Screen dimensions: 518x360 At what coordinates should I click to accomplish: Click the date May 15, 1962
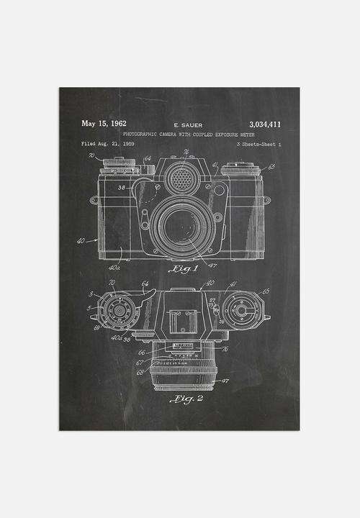[x=105, y=124]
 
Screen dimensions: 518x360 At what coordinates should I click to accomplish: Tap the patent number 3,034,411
[x=264, y=124]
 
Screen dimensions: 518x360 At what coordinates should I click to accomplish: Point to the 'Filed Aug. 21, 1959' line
[x=108, y=144]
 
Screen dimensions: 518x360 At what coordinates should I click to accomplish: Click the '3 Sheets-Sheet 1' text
[x=258, y=144]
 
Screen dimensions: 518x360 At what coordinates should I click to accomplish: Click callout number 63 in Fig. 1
[x=271, y=166]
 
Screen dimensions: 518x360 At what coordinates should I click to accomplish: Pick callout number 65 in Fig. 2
[x=266, y=291]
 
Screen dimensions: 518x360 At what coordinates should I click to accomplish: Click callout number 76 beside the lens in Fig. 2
[x=225, y=350]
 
